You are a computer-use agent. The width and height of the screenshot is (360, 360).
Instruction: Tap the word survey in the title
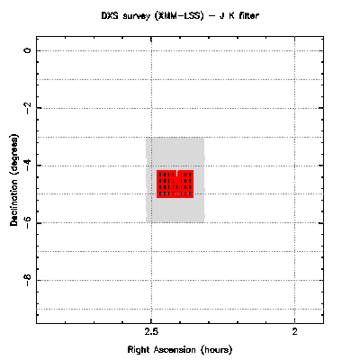click(x=136, y=16)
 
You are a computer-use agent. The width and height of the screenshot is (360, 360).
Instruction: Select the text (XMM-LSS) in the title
click(x=179, y=15)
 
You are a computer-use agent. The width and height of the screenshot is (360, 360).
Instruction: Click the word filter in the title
click(x=248, y=15)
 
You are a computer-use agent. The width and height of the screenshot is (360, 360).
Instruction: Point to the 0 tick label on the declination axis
click(x=28, y=50)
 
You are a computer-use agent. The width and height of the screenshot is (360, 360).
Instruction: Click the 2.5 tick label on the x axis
click(x=151, y=331)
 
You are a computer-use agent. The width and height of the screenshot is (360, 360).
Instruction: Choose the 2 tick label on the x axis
click(x=295, y=331)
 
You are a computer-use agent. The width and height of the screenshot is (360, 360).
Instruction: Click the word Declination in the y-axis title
click(x=13, y=200)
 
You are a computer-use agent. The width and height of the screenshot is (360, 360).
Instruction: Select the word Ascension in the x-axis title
click(x=175, y=350)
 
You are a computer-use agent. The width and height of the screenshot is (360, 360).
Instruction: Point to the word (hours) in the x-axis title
click(x=217, y=350)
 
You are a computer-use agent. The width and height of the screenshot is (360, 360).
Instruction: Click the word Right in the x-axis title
click(x=139, y=350)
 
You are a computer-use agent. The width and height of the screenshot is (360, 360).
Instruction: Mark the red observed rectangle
click(x=175, y=184)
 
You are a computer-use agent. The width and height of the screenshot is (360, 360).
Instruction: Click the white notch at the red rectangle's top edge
click(x=177, y=173)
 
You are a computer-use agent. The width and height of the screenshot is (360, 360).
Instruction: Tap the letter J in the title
click(x=222, y=15)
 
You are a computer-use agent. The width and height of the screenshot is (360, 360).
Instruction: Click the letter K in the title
click(x=231, y=15)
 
